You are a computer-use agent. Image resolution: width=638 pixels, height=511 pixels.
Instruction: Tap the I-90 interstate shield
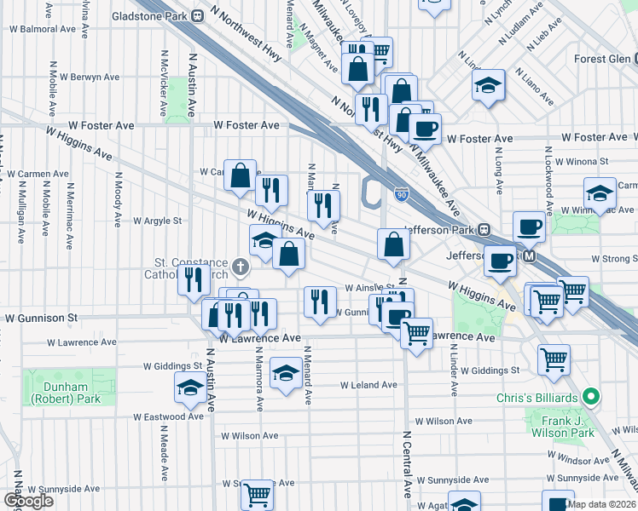pos(401,195)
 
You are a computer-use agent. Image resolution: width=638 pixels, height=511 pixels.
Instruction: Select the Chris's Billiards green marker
pos(589,398)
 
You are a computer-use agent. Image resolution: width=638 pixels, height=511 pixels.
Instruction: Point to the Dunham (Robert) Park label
pos(66,393)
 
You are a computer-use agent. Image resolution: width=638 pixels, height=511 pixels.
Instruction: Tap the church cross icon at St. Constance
pos(241,267)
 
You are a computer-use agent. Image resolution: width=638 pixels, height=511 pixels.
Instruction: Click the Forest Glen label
pos(601,59)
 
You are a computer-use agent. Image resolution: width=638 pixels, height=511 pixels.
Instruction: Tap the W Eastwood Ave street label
pos(168,416)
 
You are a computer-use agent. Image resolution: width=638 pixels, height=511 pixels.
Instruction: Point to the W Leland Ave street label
pos(368,385)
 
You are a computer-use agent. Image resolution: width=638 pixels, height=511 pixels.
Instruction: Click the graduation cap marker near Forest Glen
pos(488,86)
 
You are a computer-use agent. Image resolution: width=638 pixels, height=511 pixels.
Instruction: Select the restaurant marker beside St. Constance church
pos(193,278)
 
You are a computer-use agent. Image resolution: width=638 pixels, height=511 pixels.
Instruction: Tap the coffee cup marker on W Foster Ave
pos(424,129)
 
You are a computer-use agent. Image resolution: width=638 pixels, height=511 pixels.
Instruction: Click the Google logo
pos(28,501)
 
